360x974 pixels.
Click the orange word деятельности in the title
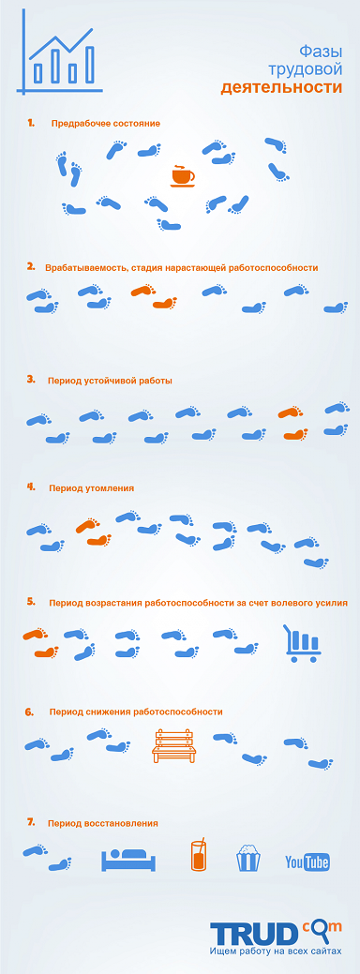tap(281, 87)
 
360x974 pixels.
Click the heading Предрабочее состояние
tap(106, 124)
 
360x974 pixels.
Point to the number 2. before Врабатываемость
tap(31, 267)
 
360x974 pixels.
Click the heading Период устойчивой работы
tap(110, 381)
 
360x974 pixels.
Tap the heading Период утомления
tap(91, 488)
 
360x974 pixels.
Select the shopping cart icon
tap(302, 643)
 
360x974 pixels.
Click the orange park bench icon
tap(173, 746)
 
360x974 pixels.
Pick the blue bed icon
tap(127, 861)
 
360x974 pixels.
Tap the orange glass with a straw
tap(198, 855)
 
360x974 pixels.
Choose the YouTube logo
tap(307, 862)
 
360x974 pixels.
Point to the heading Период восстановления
tap(102, 823)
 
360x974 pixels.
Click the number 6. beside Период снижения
tap(29, 712)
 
